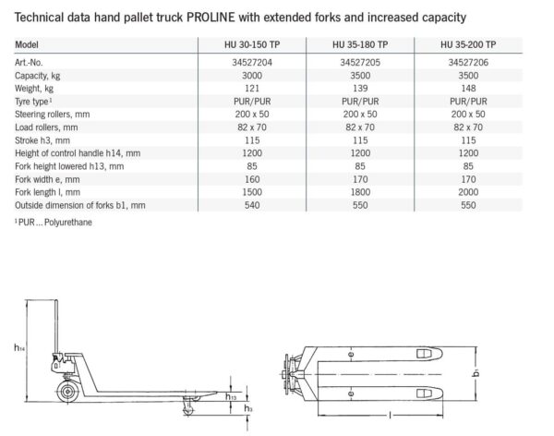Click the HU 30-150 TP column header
(x=252, y=45)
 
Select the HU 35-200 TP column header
(x=468, y=45)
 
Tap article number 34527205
(x=360, y=63)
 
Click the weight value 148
(x=468, y=89)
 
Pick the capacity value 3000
(x=252, y=76)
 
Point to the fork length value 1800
(x=360, y=192)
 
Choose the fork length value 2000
(x=468, y=192)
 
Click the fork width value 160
(x=252, y=179)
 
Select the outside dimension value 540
(x=252, y=205)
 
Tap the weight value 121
(x=252, y=89)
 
